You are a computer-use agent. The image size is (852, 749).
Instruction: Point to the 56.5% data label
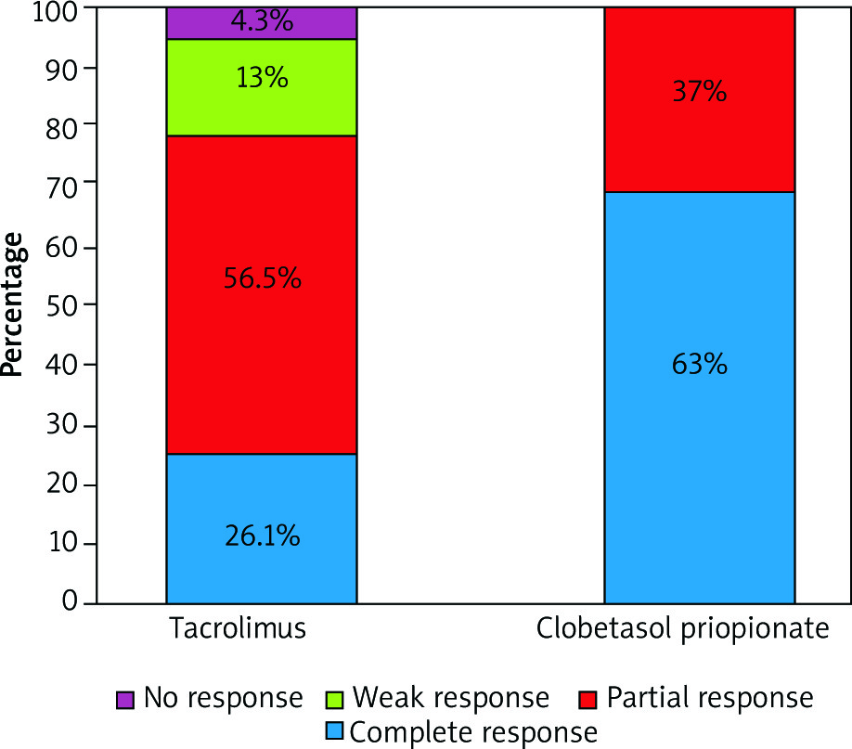[262, 278]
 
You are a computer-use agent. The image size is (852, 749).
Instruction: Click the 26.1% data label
[262, 536]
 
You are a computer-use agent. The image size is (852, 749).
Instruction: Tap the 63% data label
[699, 364]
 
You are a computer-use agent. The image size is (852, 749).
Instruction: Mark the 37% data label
[699, 93]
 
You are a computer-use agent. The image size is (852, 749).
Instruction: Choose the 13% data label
[262, 78]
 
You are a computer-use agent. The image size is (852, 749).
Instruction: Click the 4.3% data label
[262, 20]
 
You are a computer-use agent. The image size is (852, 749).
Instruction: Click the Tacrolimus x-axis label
[238, 630]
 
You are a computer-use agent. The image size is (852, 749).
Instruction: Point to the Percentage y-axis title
[12, 304]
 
